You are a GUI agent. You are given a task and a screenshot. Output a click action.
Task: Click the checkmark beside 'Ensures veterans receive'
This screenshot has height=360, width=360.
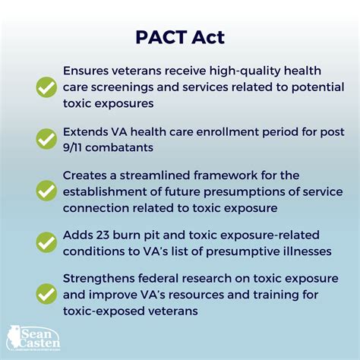tap(46, 87)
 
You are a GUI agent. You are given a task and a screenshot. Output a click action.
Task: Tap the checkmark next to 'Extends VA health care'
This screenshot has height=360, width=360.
tap(46, 137)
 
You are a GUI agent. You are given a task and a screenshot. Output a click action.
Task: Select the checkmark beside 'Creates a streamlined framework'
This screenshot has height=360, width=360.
tap(46, 188)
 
